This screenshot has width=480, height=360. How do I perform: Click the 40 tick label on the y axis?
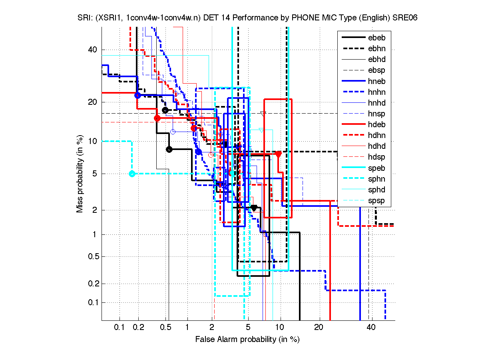point(92,50)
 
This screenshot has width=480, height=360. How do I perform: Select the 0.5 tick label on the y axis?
point(91,256)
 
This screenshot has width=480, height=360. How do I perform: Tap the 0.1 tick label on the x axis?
point(120,328)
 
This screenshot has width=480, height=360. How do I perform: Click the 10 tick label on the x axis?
point(281,328)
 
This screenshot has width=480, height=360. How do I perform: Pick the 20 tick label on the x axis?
point(319,328)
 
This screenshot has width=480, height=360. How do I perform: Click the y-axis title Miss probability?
point(80,174)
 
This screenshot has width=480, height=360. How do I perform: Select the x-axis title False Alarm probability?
point(247,340)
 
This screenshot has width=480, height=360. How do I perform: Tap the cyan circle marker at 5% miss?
point(132,174)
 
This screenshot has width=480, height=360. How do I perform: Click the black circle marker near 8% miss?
point(169,150)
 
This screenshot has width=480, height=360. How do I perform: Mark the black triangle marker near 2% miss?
point(254,208)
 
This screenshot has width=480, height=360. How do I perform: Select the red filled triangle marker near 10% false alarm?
point(279,154)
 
